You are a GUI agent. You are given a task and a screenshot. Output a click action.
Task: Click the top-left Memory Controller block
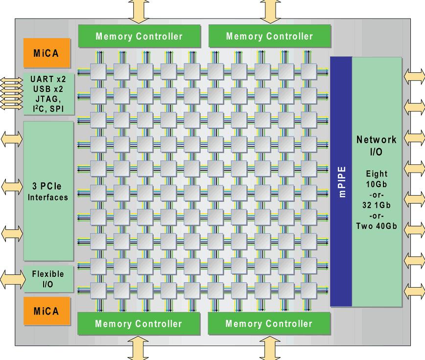139,36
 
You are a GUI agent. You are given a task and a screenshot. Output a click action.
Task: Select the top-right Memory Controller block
270,36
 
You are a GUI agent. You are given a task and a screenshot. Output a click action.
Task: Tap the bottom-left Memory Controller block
139,324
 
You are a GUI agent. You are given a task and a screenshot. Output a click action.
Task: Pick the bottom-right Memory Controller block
269,324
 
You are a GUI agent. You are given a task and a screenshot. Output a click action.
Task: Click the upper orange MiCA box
46,53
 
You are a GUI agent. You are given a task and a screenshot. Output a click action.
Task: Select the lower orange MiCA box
46,311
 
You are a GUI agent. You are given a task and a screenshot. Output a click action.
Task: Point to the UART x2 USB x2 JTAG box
49,93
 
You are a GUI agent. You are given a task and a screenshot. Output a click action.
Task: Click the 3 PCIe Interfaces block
48,191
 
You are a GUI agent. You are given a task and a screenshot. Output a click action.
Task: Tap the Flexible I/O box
48,279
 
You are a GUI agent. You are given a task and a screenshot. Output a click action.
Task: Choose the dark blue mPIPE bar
341,181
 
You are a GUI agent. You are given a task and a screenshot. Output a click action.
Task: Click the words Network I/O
377,145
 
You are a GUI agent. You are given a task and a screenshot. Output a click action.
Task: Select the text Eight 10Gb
377,178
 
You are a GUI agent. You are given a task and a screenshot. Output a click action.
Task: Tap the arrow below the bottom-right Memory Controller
269,348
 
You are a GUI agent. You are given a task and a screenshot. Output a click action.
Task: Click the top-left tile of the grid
97,72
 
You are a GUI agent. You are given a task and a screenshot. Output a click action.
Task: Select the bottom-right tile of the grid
309,291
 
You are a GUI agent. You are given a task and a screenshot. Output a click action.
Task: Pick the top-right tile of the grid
309,72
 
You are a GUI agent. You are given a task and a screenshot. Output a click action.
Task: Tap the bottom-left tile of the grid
97,291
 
